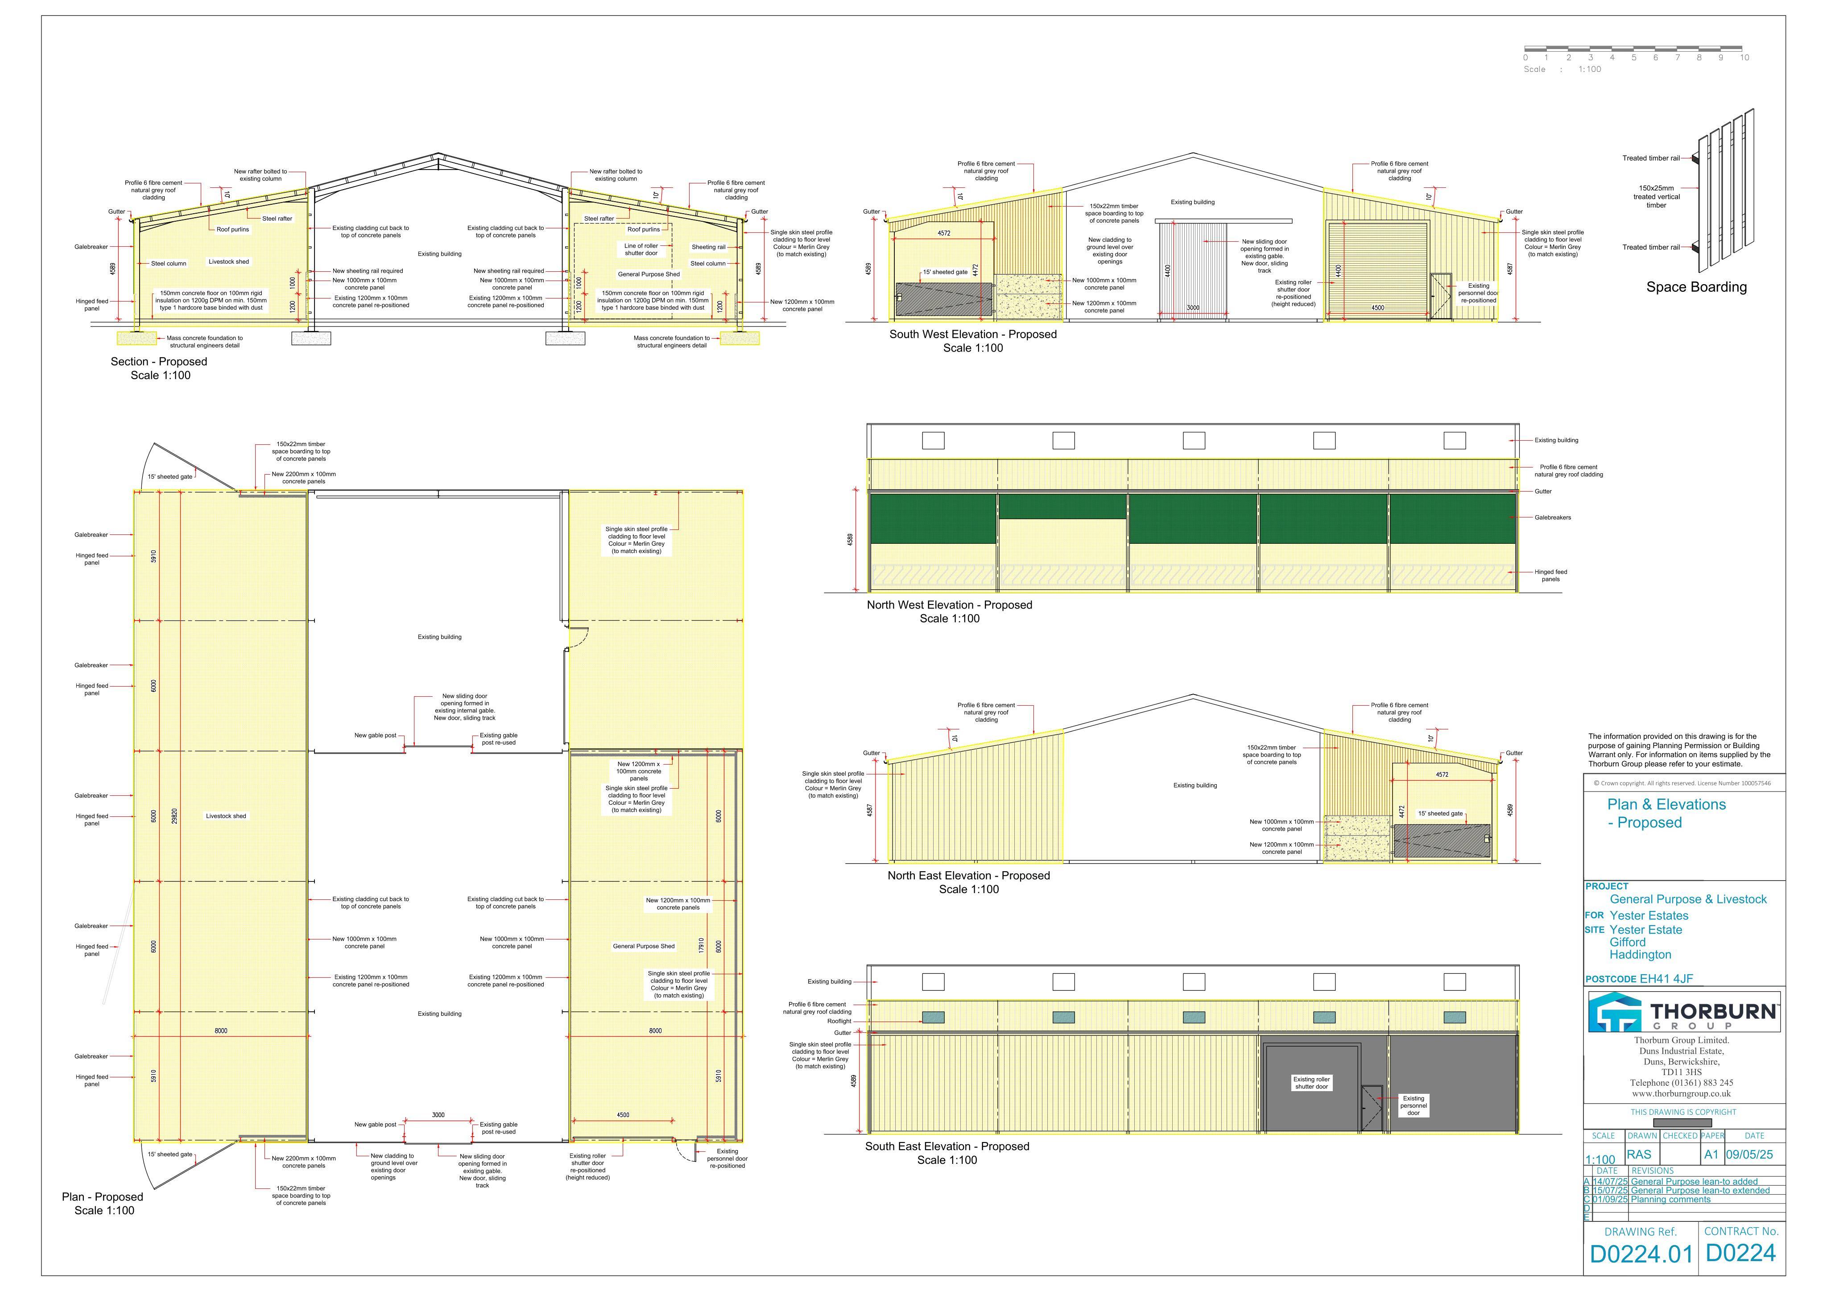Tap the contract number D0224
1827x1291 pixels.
click(1741, 1254)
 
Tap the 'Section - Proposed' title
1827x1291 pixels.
click(159, 361)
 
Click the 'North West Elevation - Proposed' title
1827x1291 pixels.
click(949, 605)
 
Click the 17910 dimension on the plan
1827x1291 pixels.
click(700, 946)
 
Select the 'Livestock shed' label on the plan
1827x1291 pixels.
click(226, 816)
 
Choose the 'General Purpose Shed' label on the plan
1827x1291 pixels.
click(644, 946)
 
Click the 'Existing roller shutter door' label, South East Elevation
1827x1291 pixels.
click(1311, 1083)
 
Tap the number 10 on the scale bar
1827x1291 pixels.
click(1744, 57)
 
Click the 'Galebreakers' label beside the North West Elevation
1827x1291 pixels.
click(1553, 517)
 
